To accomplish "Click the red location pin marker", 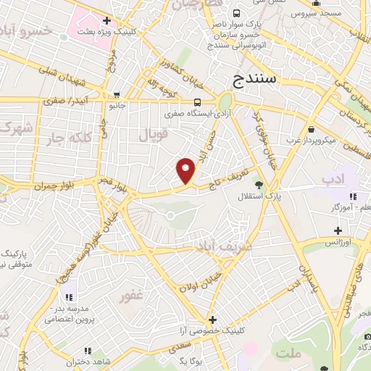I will (x=186, y=170).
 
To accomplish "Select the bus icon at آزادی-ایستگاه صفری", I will (x=198, y=102).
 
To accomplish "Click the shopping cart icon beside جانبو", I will (x=117, y=94).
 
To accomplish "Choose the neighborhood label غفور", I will (x=134, y=296).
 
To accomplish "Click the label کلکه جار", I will (x=67, y=138).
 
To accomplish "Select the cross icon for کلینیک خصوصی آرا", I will (x=212, y=319).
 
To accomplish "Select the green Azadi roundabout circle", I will (x=225, y=101).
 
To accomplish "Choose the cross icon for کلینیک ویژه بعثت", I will (x=107, y=20).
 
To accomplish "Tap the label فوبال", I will (x=153, y=135).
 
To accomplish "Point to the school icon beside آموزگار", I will (x=353, y=196).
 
